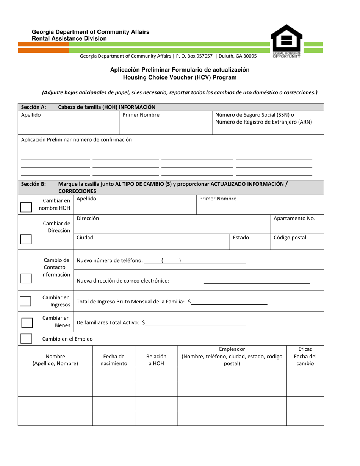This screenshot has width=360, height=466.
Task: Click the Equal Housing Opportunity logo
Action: (286, 41)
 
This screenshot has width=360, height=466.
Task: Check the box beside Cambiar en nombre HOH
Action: (26, 207)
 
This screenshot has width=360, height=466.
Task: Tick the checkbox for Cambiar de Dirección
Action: (26, 239)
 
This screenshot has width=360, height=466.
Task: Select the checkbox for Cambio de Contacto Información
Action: (26, 278)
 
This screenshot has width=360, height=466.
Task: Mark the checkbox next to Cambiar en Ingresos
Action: (25, 301)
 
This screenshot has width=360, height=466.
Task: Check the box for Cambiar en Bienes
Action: (27, 323)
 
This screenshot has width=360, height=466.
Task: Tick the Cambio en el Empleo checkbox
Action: (26, 338)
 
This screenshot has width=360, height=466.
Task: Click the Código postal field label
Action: (290, 238)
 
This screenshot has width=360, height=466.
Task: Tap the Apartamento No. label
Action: (294, 219)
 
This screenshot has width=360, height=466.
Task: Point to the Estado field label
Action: (241, 238)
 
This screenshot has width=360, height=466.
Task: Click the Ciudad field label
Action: (85, 238)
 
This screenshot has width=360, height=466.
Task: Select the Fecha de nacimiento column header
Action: (114, 360)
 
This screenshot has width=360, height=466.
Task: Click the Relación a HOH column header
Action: (156, 360)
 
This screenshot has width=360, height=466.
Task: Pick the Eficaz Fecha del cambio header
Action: (305, 356)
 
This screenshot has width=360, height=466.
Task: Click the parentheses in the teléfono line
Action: (171, 261)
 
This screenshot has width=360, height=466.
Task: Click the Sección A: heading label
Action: (34, 107)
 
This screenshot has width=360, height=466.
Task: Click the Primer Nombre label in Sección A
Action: (141, 115)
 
